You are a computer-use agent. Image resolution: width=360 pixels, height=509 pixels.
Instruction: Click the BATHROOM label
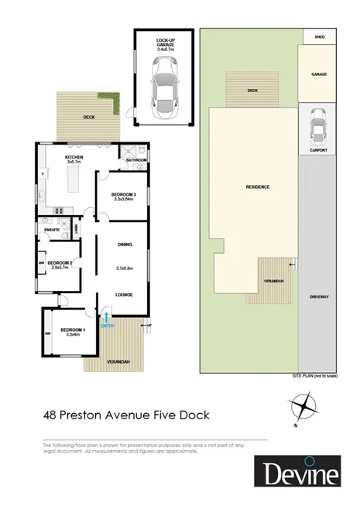[x=136, y=160]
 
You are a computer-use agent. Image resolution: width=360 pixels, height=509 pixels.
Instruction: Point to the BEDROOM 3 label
[x=124, y=195]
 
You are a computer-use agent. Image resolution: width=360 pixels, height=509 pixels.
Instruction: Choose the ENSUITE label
[x=53, y=230]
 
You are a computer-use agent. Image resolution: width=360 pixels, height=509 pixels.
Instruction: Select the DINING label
[x=125, y=244]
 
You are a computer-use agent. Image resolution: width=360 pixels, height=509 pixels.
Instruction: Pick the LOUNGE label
[x=125, y=295]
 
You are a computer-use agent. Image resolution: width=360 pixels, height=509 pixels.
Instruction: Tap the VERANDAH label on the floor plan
[x=112, y=362]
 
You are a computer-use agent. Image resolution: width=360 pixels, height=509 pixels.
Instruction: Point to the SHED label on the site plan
[x=318, y=37]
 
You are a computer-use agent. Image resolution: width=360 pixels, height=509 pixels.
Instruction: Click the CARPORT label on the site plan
[x=317, y=149]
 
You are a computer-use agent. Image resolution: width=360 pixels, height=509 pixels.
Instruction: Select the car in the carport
[x=317, y=124]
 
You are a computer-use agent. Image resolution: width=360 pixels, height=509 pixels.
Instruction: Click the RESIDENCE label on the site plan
[x=258, y=186]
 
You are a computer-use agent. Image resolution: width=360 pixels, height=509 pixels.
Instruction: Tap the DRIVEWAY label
[x=318, y=296]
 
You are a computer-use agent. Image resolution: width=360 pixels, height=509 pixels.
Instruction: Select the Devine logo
[x=299, y=473]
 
